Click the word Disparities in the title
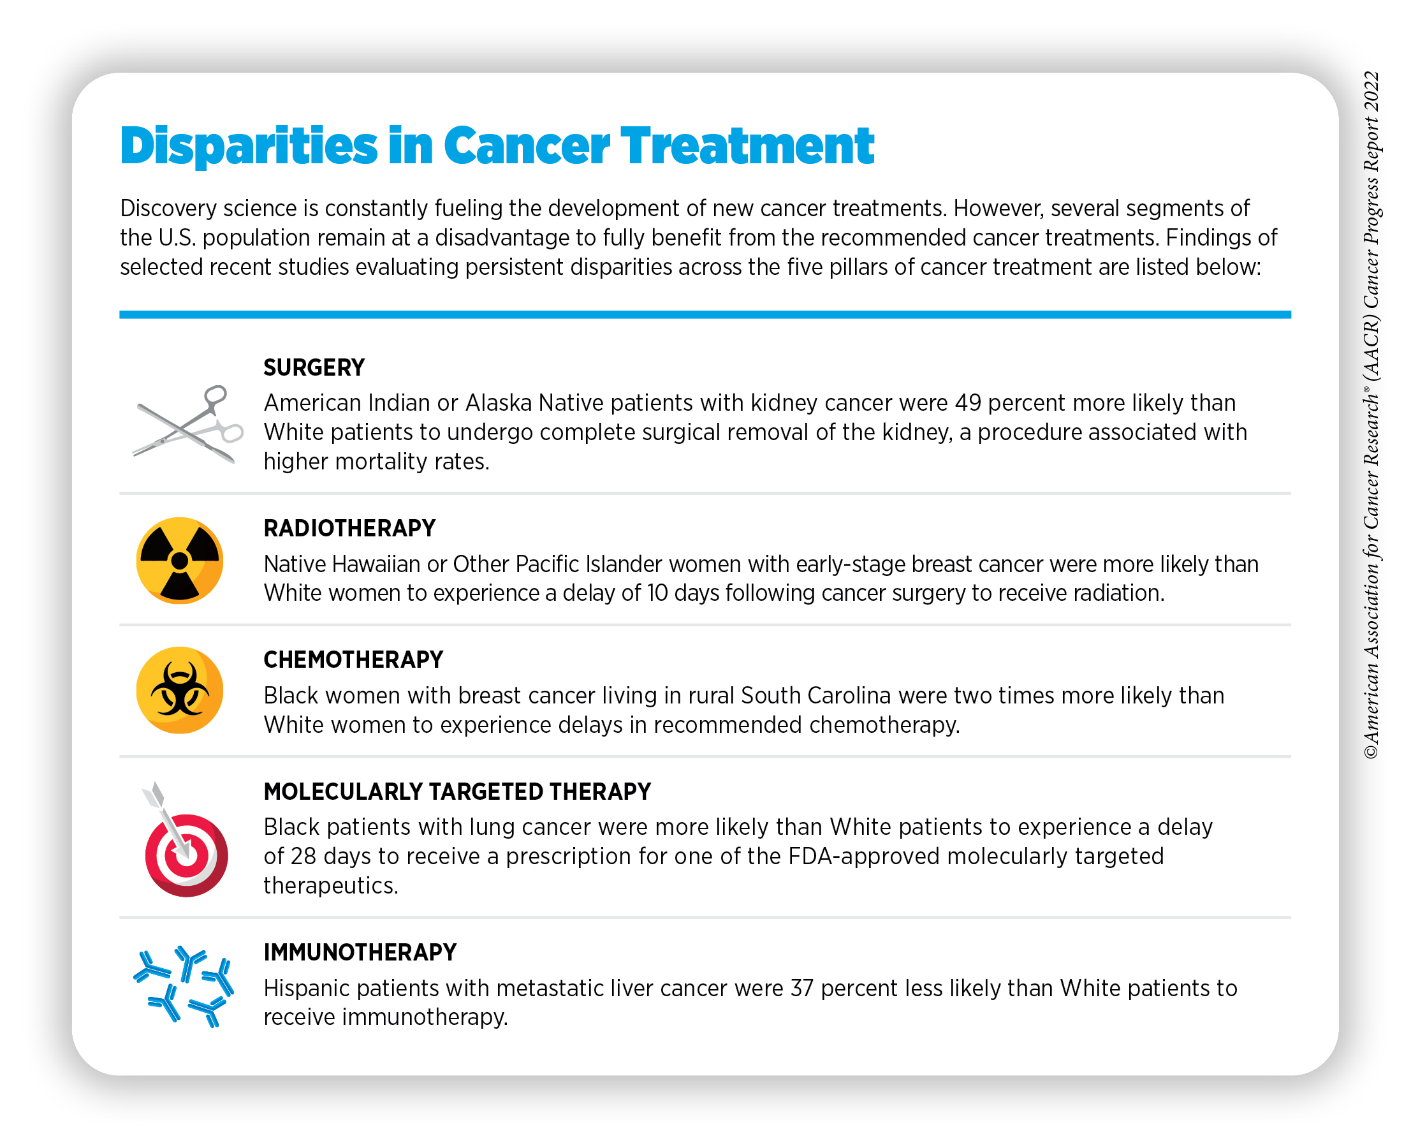248,146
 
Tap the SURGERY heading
314,367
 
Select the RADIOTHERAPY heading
350,528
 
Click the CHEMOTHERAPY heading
354,659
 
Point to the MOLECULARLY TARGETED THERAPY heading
458,791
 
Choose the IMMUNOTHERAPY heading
360,952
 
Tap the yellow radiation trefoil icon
180,561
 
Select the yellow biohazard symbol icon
180,690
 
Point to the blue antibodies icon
184,986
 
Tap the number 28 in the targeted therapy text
303,857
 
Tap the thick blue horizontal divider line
705,315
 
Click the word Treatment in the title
747,146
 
